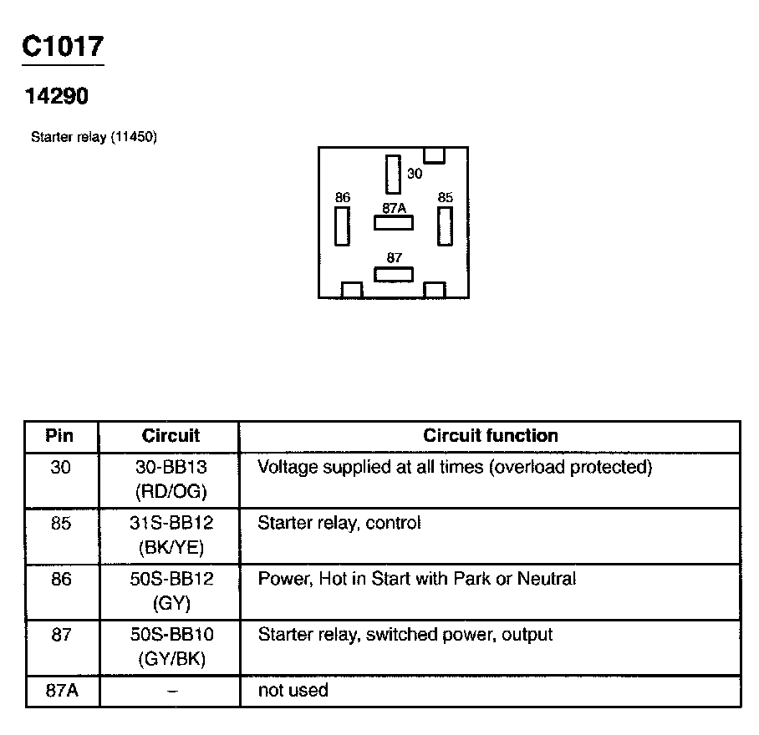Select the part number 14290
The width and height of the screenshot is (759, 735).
tap(56, 97)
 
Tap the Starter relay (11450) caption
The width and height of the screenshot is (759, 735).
tap(94, 137)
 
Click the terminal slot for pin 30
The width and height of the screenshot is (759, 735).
tap(393, 174)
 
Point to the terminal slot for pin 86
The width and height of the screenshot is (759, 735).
tap(342, 226)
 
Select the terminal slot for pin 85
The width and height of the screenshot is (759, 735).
tap(445, 226)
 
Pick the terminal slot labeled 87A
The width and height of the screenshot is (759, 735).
tap(393, 223)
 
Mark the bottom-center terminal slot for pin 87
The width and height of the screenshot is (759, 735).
tap(393, 275)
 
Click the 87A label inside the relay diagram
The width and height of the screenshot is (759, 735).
tap(394, 208)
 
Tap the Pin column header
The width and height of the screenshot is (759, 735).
tap(59, 435)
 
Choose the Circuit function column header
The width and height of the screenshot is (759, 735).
tap(490, 435)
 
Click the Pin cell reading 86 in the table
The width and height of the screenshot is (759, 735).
tap(61, 579)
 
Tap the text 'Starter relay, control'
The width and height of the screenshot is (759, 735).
tap(339, 524)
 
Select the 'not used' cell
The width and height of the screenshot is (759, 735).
tap(293, 690)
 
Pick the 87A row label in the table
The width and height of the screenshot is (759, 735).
tap(61, 690)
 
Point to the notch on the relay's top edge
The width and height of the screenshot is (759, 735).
tap(434, 155)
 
